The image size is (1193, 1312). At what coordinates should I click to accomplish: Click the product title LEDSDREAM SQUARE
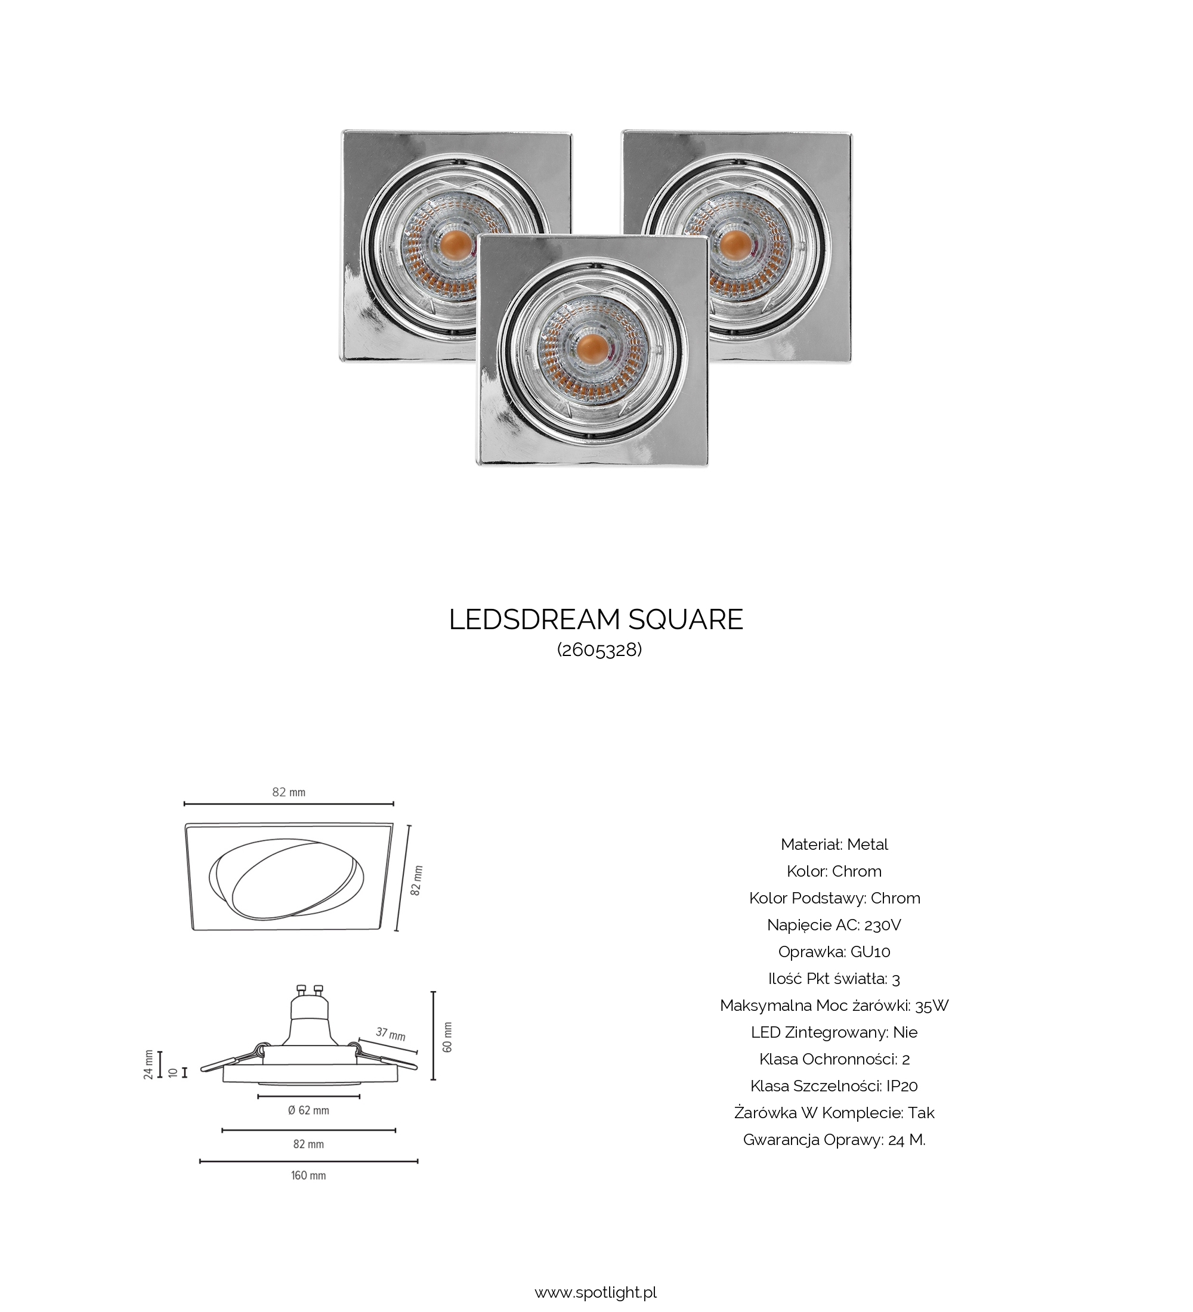tap(595, 620)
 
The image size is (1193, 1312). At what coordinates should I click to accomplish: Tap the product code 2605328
tap(599, 650)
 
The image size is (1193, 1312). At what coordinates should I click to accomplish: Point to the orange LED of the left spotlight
tap(456, 244)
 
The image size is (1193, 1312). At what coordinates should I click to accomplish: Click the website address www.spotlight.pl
tap(595, 1292)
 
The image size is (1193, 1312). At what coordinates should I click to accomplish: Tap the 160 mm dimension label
tap(308, 1175)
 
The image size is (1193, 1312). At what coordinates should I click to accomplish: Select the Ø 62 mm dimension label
tap(308, 1110)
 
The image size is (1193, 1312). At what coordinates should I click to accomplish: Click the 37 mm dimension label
tap(391, 1033)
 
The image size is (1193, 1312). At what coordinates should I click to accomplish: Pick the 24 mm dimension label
tap(149, 1064)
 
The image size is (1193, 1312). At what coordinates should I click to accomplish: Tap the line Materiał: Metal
tap(835, 844)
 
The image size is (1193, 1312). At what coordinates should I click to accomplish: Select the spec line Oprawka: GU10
tap(835, 951)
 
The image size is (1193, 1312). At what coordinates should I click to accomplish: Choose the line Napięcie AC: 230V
tap(835, 925)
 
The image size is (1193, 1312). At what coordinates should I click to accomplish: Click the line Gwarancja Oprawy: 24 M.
tap(835, 1140)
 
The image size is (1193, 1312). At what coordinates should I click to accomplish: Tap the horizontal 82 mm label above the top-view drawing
tap(288, 792)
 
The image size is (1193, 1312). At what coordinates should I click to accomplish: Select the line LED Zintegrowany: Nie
tap(835, 1032)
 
